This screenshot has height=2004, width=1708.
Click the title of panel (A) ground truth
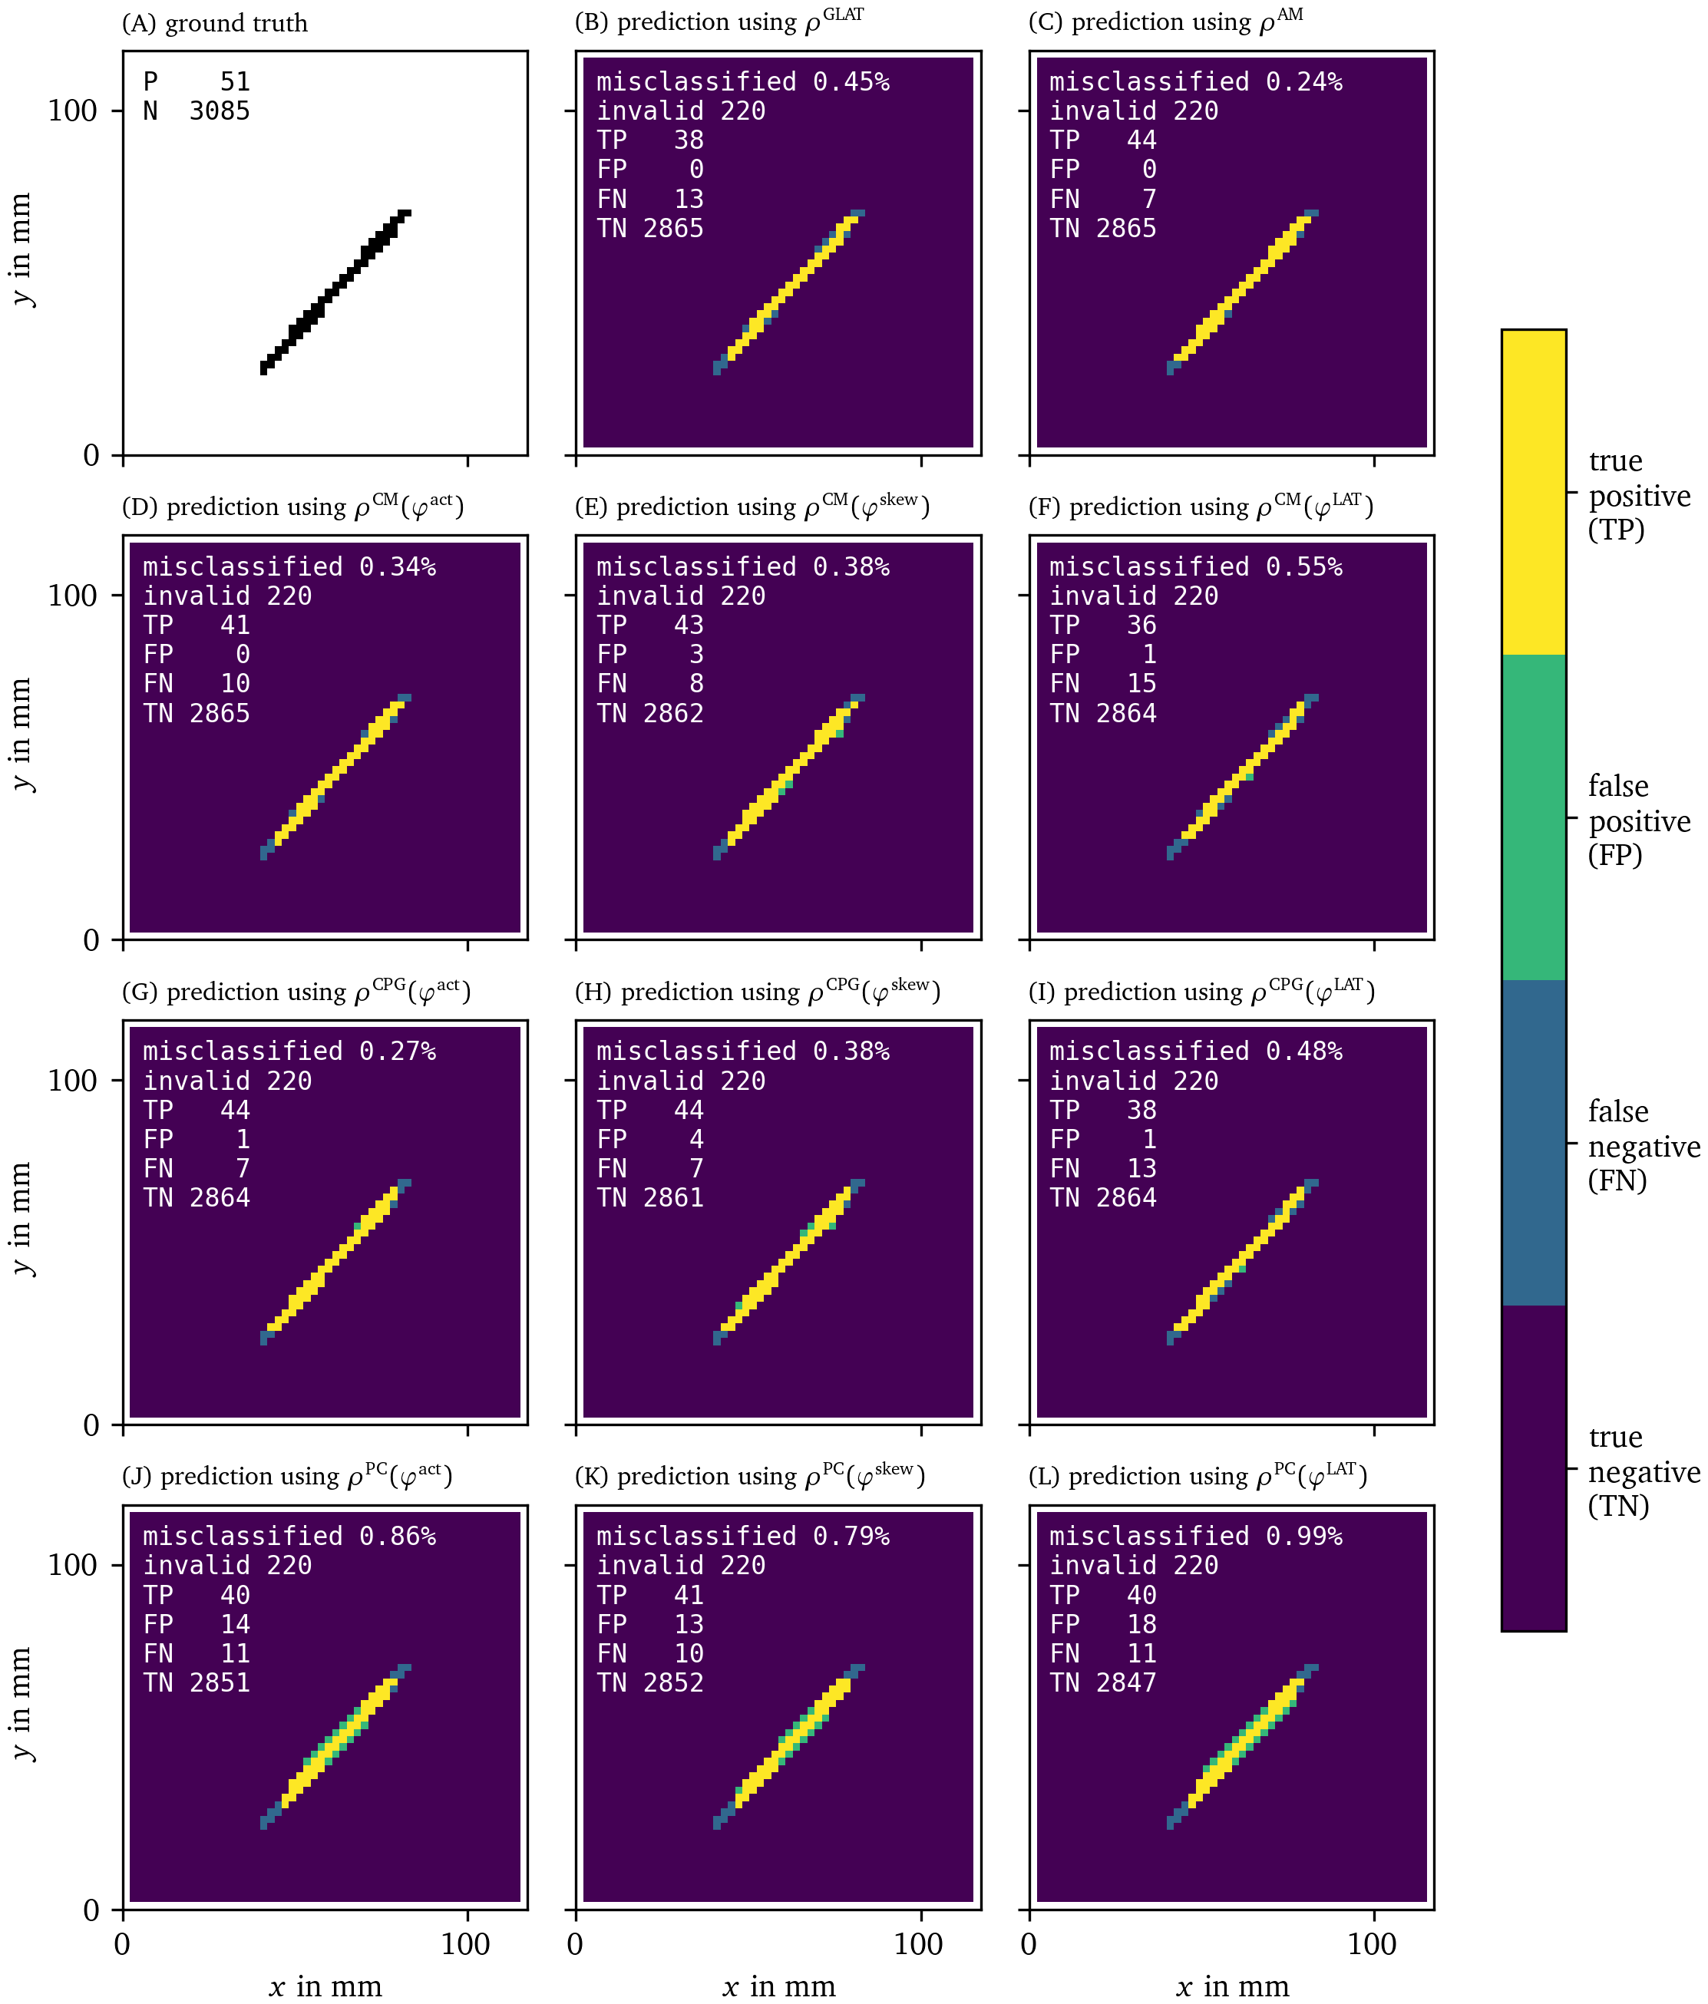tap(215, 23)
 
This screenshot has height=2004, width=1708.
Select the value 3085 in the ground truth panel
tap(220, 111)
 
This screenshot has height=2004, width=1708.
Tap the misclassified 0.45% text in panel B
tap(742, 82)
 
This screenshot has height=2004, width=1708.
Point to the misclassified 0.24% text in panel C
tap(1195, 82)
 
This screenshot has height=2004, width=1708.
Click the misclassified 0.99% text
tap(1195, 1536)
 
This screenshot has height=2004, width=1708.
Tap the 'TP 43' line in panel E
tap(650, 625)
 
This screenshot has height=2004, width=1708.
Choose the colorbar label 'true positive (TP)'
tap(1638, 495)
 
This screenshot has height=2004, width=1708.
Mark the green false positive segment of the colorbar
tap(1533, 817)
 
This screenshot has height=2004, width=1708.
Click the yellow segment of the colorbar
tap(1533, 491)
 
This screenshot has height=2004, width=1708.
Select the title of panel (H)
tap(758, 992)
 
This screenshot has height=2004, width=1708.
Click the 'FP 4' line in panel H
tap(650, 1139)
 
